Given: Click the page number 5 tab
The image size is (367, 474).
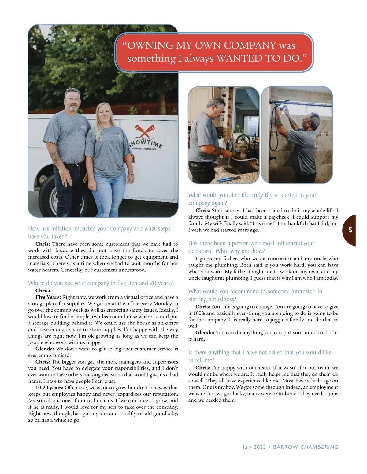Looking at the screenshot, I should tap(350, 230).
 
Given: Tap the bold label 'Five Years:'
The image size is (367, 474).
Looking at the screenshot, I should tap(48, 297).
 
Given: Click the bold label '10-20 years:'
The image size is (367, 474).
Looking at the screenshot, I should tap(49, 388).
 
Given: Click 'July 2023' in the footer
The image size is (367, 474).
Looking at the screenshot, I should tap(254, 447).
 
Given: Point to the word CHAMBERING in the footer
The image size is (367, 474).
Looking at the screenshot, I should tap(319, 447).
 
